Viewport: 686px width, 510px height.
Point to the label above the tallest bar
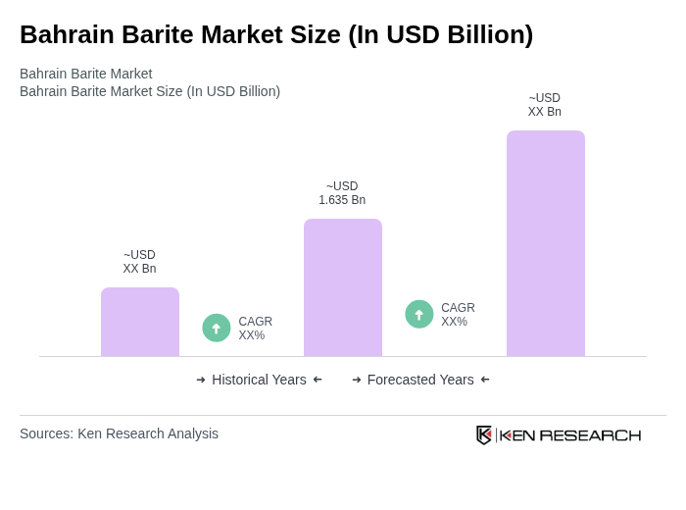pyautogui.click(x=545, y=105)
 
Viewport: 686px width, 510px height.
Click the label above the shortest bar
pyautogui.click(x=139, y=262)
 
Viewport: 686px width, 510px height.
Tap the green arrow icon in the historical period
pyautogui.click(x=217, y=328)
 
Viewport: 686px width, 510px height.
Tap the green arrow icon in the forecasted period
pyautogui.click(x=419, y=314)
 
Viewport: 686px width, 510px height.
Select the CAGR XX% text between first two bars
pyautogui.click(x=256, y=329)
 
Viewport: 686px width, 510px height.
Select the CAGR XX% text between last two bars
pyautogui.click(x=458, y=315)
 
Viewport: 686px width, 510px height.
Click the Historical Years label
pyautogui.click(x=259, y=380)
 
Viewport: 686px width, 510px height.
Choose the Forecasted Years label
pyautogui.click(x=420, y=380)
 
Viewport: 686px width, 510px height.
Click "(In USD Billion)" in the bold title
pyautogui.click(x=440, y=34)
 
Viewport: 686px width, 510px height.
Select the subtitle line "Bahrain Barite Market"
pyautogui.click(x=86, y=74)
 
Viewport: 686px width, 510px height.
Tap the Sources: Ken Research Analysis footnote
pyautogui.click(x=119, y=433)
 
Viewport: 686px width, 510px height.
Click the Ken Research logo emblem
pyautogui.click(x=484, y=434)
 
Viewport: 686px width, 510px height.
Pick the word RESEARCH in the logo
pyautogui.click(x=590, y=435)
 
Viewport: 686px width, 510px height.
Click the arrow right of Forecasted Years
pyautogui.click(x=485, y=380)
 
